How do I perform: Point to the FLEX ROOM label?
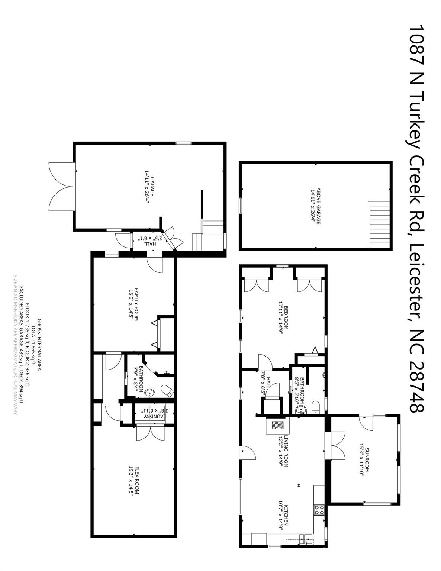point(137,480)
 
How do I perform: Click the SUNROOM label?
point(367,460)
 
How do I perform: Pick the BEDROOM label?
point(286,318)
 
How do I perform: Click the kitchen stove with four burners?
point(319,510)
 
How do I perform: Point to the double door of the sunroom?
point(337,445)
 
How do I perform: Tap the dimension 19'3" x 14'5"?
point(131,480)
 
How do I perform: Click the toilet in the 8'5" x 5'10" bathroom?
point(315,406)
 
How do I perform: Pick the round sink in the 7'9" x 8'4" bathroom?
point(149,392)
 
